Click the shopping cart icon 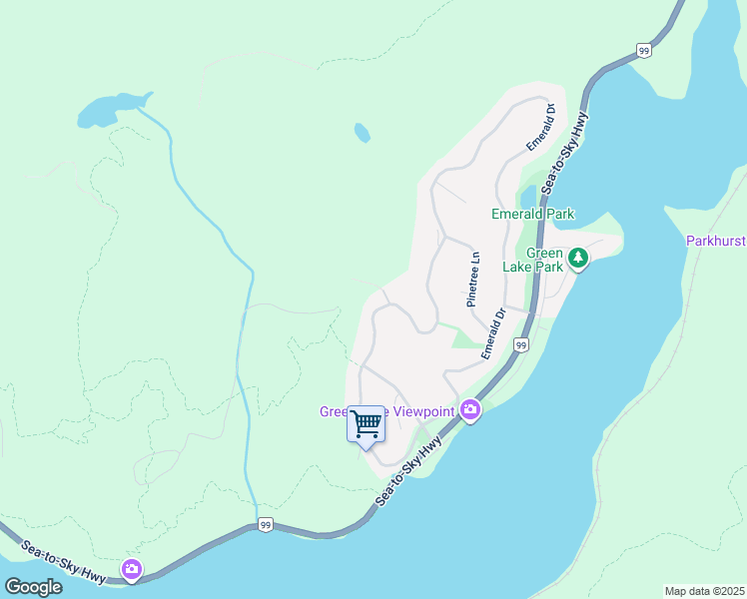pos(366,424)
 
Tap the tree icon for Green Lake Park pos(577,260)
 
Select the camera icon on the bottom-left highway pos(131,569)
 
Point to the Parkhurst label pos(716,241)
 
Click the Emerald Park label pos(532,214)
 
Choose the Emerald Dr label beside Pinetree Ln pos(493,332)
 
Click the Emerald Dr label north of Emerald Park pos(540,125)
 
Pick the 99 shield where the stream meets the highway pos(264,524)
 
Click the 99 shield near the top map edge pos(644,50)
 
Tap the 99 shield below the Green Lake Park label pos(520,344)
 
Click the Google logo pos(33,586)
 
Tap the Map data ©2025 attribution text pos(704,591)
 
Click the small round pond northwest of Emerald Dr pos(362,132)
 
